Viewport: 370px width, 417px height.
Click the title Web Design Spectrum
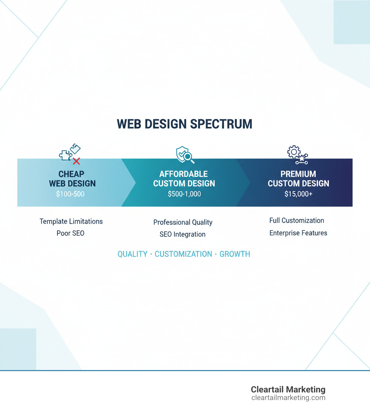(x=185, y=124)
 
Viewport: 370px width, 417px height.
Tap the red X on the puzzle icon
(x=76, y=161)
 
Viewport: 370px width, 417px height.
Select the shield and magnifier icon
(x=184, y=155)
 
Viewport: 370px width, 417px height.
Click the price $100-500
(x=70, y=194)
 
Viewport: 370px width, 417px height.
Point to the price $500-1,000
(x=184, y=194)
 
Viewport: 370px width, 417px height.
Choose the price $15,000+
(x=298, y=194)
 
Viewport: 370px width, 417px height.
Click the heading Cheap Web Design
(x=72, y=179)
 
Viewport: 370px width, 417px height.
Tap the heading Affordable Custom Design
(x=184, y=179)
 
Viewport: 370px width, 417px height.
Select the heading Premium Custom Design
(x=298, y=179)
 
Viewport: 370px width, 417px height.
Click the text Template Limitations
(x=71, y=221)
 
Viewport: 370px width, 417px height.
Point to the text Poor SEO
(x=70, y=233)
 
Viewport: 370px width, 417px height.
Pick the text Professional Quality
(x=183, y=222)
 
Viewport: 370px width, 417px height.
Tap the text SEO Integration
(x=182, y=234)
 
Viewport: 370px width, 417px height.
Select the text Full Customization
(x=297, y=220)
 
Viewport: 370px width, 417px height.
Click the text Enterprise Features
(x=298, y=233)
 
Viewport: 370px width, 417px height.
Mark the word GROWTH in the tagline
(x=235, y=254)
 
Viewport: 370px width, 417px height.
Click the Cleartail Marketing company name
(x=288, y=390)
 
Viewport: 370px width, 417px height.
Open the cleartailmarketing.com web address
(x=288, y=398)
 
